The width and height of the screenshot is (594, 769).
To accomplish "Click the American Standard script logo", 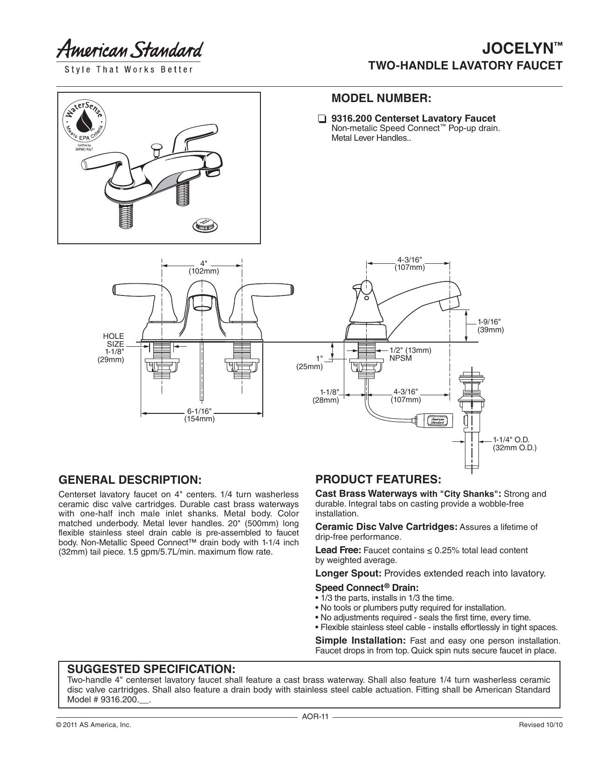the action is pyautogui.click(x=129, y=50).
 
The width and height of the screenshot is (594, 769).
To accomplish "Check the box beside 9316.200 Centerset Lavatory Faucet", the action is pyautogui.click(x=321, y=118).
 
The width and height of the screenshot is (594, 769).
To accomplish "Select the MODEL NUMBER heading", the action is pyautogui.click(x=381, y=98).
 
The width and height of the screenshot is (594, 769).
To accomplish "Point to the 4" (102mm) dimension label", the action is pyautogui.click(x=204, y=268).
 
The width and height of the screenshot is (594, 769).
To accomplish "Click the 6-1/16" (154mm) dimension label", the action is pyautogui.click(x=199, y=415).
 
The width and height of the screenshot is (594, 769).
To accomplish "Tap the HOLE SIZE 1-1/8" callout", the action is pyautogui.click(x=111, y=348).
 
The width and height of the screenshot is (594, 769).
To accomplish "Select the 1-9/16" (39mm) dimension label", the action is pyautogui.click(x=491, y=326).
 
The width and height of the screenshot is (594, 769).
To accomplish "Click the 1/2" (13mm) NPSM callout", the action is pyautogui.click(x=410, y=354).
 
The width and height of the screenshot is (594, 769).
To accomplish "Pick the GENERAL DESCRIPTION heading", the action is pyautogui.click(x=130, y=480).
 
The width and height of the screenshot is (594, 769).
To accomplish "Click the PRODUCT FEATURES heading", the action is pyautogui.click(x=378, y=480).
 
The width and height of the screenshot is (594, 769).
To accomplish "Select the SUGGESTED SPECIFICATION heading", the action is pyautogui.click(x=151, y=669).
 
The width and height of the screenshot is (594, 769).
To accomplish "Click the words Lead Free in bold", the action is pyautogui.click(x=338, y=550).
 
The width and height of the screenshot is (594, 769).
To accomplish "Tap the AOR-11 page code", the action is pyautogui.click(x=315, y=717).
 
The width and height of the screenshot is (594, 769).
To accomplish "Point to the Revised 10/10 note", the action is pyautogui.click(x=540, y=725).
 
